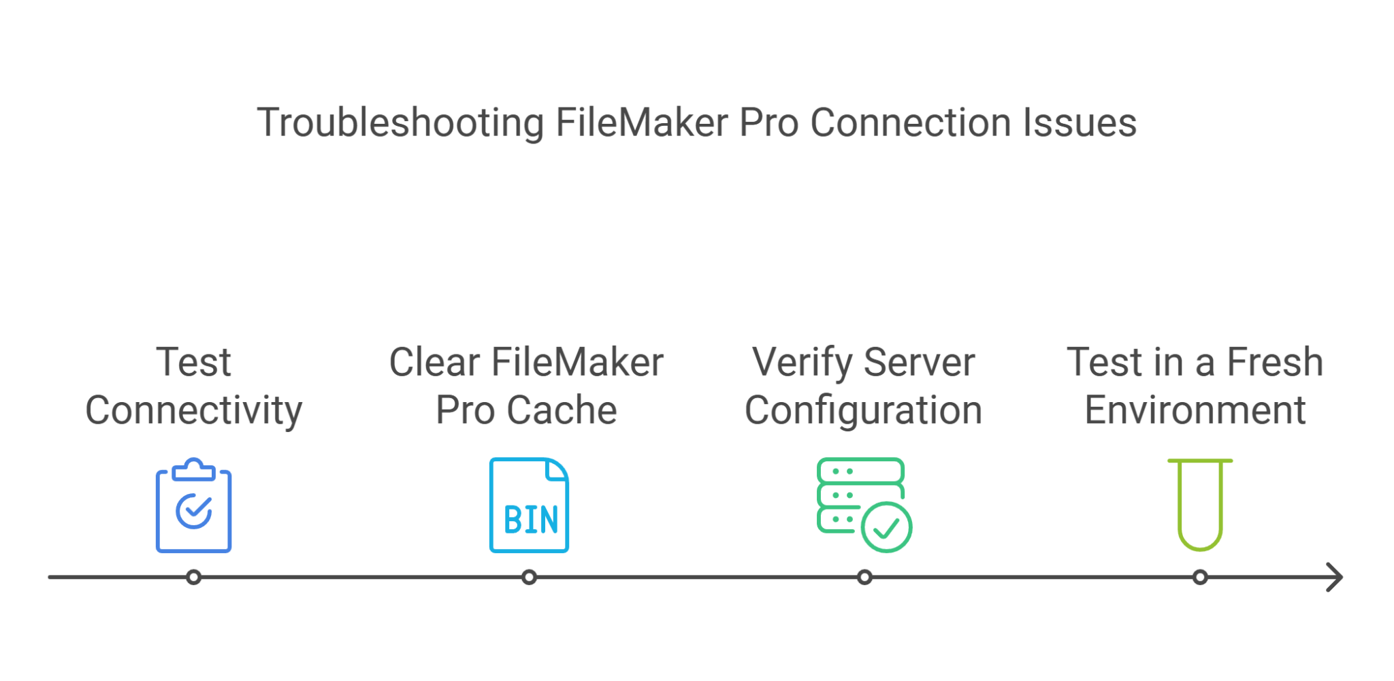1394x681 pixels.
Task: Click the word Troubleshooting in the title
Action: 400,123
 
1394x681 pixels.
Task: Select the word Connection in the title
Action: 910,123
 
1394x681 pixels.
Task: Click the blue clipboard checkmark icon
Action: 194,506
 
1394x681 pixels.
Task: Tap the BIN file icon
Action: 529,506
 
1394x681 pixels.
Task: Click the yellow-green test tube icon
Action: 1200,505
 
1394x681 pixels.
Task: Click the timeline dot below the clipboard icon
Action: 194,578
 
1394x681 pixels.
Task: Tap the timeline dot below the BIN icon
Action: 529,578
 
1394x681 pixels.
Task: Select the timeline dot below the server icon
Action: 864,578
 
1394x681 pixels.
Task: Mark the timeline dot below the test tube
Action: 1200,578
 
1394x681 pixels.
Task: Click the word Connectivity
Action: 194,411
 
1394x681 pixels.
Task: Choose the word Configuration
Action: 863,411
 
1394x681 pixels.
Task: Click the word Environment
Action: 1195,411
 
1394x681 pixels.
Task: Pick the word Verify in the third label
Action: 801,363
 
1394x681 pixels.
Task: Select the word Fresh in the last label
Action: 1274,362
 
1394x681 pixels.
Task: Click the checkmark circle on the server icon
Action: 886,527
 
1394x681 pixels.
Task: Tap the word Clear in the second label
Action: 434,362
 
